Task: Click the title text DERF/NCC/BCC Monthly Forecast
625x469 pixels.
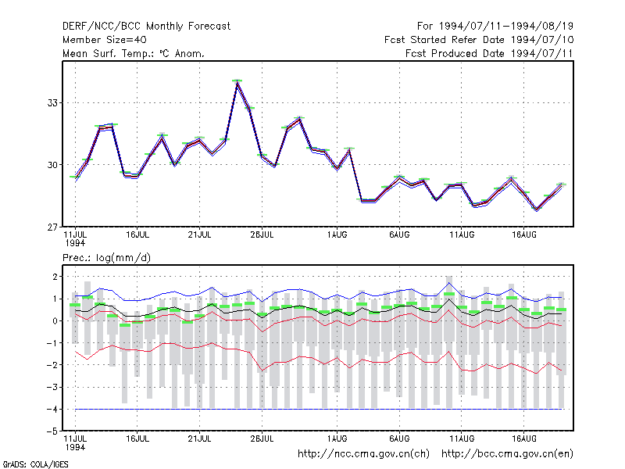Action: pos(146,27)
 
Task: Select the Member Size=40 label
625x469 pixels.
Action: pos(105,40)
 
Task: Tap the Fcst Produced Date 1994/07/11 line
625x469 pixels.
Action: pos(489,53)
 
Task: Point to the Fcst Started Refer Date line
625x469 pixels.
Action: pos(479,40)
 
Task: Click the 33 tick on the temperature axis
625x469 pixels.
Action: pos(52,103)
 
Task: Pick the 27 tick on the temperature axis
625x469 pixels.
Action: pos(52,227)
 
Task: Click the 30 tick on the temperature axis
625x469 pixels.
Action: pos(52,165)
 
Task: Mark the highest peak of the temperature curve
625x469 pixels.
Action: pos(237,81)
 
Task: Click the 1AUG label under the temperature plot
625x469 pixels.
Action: pos(337,235)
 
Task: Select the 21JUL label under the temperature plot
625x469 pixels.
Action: pos(199,235)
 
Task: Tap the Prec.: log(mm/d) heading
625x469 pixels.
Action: pos(106,258)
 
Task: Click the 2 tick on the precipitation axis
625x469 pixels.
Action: pos(55,277)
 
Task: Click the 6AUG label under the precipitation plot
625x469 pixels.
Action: pos(399,439)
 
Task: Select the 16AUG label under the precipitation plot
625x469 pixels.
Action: pos(524,439)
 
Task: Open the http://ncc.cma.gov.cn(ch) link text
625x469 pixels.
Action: pos(363,454)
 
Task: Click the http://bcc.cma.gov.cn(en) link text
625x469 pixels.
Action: pos(507,454)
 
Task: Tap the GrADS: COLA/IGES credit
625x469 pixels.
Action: pos(35,464)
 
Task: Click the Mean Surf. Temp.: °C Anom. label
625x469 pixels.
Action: pos(134,53)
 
